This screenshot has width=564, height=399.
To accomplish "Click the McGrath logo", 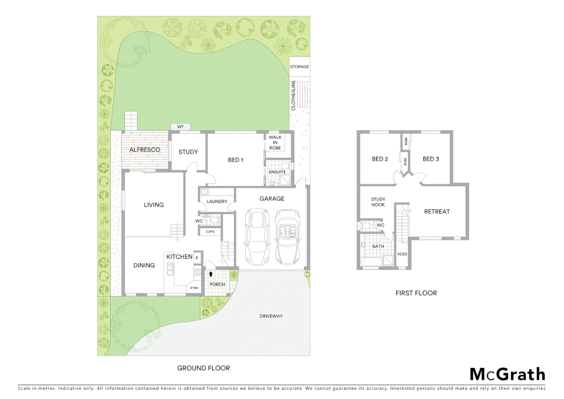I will pos(507,374).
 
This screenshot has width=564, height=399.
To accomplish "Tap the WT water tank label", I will pos(180,127).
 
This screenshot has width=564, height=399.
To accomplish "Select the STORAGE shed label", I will pos(299,67).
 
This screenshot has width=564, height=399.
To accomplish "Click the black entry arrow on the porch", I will pos(211,274).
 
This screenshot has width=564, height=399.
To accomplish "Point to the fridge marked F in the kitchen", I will pos(197,258).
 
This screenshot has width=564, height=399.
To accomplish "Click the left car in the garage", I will pos(257,236).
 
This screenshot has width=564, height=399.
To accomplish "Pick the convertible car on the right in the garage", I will pos(288,237).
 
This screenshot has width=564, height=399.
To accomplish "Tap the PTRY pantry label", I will pos(195,288).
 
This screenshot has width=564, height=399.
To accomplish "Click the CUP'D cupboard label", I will pos(210,232).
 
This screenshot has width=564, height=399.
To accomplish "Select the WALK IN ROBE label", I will pos(275,143).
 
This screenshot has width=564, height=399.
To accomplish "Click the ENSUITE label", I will pos(277,172).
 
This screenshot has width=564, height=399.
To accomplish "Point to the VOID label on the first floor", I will pos(402,254).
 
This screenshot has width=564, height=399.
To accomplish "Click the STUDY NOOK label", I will pos(378,202).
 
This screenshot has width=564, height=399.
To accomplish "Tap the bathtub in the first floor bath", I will pos(372,262).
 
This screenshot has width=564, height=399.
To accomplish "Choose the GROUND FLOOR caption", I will pos(203,368).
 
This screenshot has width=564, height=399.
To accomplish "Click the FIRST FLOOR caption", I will pos(416,293).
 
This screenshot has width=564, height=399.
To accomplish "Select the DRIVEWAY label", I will pos(271,316).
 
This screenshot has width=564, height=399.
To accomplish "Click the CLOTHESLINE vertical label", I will pos(293,95).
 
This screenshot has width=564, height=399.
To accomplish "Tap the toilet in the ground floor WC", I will pos(214,221).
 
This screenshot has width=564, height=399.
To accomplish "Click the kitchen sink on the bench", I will pos(170,269).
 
